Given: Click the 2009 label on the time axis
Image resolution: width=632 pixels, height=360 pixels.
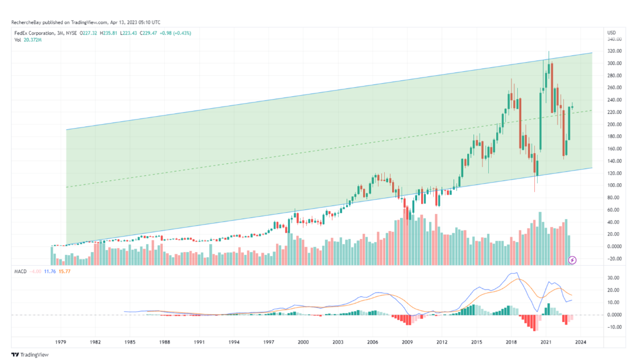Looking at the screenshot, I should pos(408,342).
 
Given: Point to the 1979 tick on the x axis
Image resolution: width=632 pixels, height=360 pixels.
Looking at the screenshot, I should pos(61,342).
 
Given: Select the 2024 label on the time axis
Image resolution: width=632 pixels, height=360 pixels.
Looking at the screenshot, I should pos(580,342).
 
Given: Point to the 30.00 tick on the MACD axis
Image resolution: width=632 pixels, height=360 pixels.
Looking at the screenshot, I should pos(614,278).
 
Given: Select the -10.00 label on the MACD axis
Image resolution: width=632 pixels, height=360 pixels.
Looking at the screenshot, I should pos(614,327).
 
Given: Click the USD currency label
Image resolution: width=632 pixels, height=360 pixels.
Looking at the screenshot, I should pos(612,32).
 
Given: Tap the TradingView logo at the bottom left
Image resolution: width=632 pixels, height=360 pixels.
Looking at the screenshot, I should pos(30,354).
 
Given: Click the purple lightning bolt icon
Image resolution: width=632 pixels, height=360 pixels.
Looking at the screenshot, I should pos(572,260).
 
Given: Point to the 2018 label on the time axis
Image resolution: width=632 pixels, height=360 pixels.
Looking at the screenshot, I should pos(512,342).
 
